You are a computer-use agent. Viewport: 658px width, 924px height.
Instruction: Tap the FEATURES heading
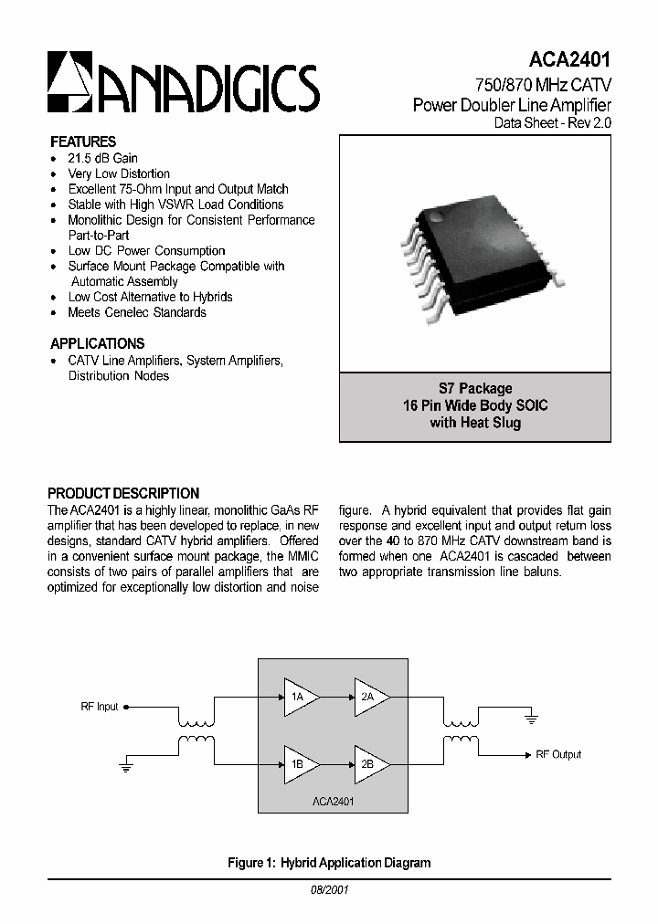coord(83,142)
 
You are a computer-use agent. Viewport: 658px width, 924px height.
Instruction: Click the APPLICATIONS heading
coord(97,343)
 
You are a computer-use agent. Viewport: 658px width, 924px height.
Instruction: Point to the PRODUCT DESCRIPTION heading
coord(123,493)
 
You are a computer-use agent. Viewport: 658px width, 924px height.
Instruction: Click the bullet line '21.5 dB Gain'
coord(102,158)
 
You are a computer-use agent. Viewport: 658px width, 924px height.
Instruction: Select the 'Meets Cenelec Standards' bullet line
coord(136,312)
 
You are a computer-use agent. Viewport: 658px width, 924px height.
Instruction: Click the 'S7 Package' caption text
coord(475,388)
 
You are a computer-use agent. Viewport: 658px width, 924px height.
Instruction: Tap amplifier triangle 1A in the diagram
coord(298,697)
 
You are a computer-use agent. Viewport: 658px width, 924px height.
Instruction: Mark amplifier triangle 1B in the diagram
coord(298,763)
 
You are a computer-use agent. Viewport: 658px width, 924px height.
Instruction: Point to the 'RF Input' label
coord(99,707)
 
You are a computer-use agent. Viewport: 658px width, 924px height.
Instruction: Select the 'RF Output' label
coord(558,754)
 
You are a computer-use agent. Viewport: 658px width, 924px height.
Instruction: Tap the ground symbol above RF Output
coord(531,719)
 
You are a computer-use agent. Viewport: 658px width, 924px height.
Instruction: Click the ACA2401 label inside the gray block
coord(333,801)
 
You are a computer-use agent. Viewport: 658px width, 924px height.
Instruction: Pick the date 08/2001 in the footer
coord(328,888)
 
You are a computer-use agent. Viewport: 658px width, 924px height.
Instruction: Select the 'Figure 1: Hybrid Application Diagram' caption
coord(329,862)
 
